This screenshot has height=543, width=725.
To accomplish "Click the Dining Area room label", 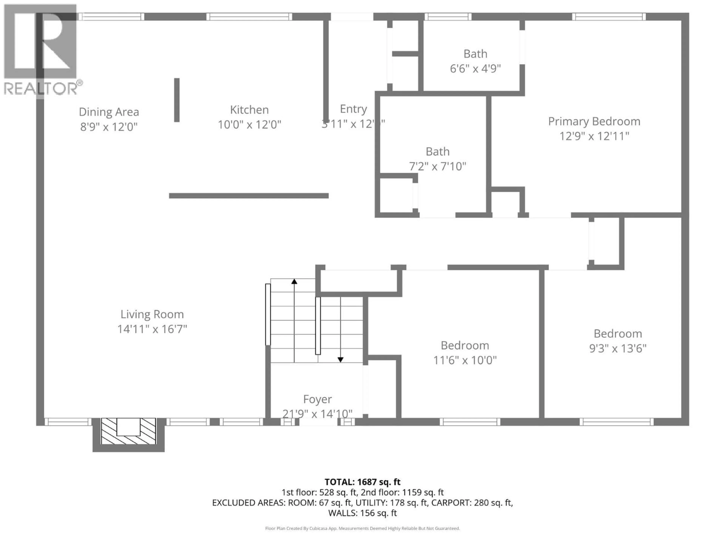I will (109, 112).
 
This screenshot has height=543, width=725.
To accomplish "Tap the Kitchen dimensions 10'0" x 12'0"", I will (249, 125).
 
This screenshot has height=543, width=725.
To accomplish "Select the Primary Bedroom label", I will (594, 121).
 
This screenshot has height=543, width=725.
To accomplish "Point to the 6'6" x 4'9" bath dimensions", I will (475, 69).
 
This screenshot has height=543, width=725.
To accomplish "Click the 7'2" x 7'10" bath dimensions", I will (438, 167).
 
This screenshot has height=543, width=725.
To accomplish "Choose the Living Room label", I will (152, 314).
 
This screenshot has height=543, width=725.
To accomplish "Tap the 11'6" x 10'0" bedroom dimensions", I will (465, 360).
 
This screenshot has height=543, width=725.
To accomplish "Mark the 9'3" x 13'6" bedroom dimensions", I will (618, 349).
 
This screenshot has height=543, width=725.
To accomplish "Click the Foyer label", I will (317, 399).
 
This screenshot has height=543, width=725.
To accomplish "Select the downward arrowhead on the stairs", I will (341, 360).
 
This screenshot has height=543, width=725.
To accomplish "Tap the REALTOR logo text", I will (41, 88).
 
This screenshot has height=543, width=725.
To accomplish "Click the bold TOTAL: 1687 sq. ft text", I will (362, 482).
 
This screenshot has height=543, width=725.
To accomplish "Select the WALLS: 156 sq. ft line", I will (362, 513).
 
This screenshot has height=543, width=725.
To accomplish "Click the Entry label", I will (353, 109).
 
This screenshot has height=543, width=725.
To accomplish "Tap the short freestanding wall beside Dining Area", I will (177, 100).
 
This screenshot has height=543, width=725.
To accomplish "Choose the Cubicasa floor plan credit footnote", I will (362, 528).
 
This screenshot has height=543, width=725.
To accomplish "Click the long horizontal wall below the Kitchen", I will (249, 196).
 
